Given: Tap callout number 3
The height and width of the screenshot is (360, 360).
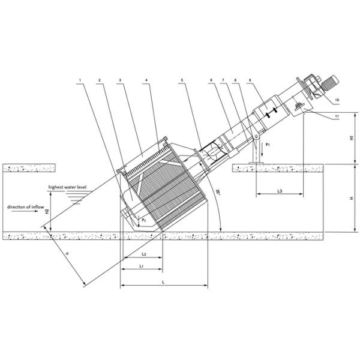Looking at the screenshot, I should click(121, 79).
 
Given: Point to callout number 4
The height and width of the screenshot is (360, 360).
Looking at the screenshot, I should click(146, 79).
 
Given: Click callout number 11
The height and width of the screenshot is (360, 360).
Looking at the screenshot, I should click(337, 114).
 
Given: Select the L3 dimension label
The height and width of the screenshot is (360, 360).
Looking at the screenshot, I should click(280, 191).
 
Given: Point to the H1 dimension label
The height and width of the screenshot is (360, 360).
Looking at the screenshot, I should click(351, 137).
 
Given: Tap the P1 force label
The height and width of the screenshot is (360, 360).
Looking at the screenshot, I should click(268, 145).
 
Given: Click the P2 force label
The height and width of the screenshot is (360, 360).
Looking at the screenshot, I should click(143, 221).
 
